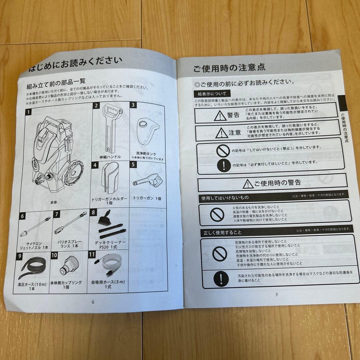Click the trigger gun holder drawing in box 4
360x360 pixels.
[110, 179]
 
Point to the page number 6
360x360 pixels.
[93, 302]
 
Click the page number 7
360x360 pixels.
[276, 294]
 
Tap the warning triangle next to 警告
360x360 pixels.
[220, 115]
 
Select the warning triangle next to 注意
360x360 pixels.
[221, 133]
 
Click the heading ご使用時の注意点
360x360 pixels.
[229, 69]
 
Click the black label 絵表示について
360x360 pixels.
[212, 94]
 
